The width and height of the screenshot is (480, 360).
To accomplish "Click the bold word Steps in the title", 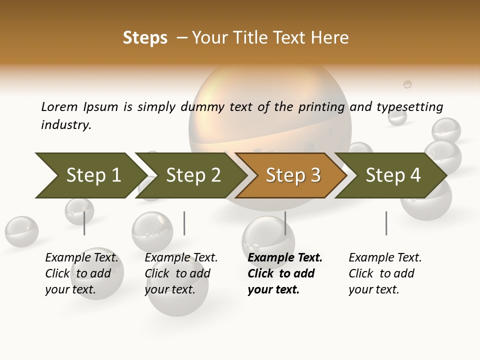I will coord(145,38).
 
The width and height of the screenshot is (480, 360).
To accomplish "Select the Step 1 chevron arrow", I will coord(90,175).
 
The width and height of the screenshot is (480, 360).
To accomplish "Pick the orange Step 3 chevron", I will coord(291,175).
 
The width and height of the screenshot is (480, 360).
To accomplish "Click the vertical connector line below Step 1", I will coord(84,223).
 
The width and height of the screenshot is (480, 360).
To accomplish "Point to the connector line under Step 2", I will coord(184,223).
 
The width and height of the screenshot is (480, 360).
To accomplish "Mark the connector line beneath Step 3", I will coord(285,223).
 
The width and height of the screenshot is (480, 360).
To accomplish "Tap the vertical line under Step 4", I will coord(386,223).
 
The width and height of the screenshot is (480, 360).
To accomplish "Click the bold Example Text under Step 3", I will coord(285,257).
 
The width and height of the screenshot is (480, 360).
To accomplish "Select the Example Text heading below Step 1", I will coord(81,257).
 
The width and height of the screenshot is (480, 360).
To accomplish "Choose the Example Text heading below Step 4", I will coord(385,257).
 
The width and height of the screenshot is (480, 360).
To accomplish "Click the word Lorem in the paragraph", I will coord(59,106).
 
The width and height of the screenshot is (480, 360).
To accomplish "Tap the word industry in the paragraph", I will coord(65,124).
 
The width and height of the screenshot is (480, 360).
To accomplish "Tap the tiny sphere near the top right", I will coord(407,84).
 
